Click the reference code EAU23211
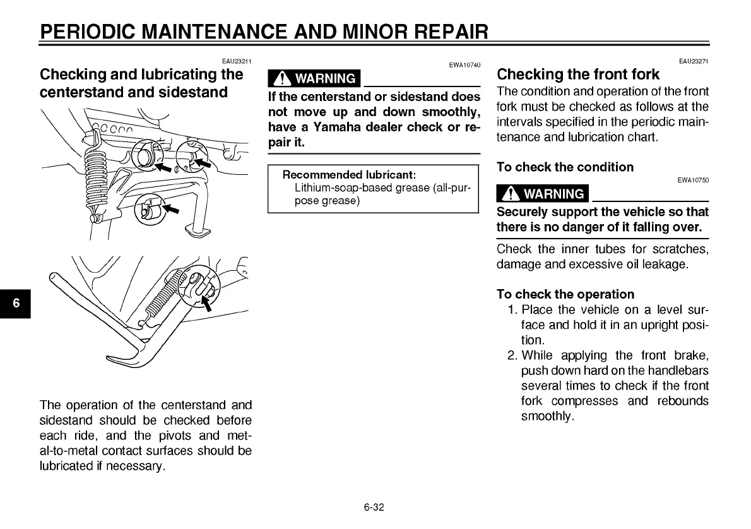[237, 61]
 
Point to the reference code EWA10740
[465, 65]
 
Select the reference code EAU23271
[694, 61]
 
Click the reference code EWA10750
[694, 180]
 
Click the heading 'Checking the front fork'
[578, 74]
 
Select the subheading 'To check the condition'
[565, 167]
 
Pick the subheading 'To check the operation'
[565, 294]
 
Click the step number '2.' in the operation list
[513, 355]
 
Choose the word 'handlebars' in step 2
[679, 371]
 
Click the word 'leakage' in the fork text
[665, 264]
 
